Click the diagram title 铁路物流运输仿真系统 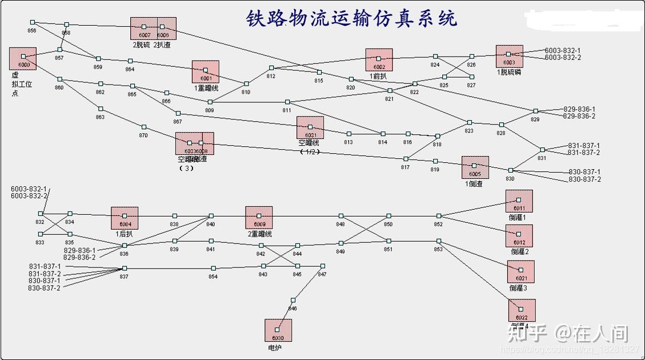(x=351, y=18)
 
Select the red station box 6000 (x=23, y=59)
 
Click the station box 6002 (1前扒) (x=379, y=60)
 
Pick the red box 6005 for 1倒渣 (x=475, y=167)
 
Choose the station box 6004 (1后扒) (x=125, y=218)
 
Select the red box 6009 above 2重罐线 (x=259, y=218)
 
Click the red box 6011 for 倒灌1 (x=519, y=202)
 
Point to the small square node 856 (x=32, y=22)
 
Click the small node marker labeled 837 (x=125, y=268)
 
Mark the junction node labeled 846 (x=293, y=300)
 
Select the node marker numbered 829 (x=535, y=111)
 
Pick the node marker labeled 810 (x=246, y=83)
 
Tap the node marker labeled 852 (x=439, y=216)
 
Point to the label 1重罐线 (x=206, y=88)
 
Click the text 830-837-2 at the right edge (x=584, y=179)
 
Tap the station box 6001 (x=206, y=72)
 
